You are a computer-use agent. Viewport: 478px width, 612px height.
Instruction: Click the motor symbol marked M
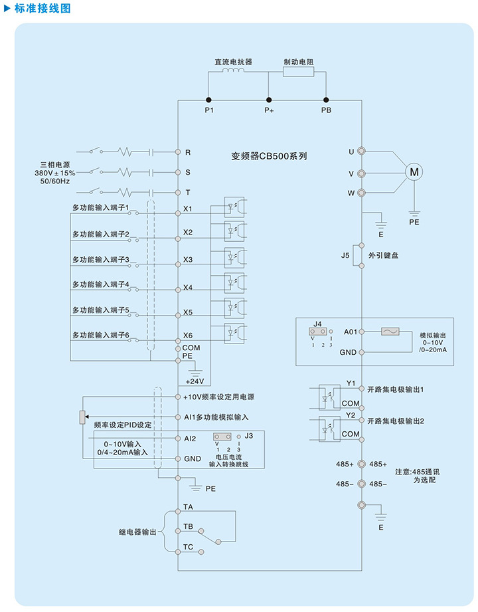tap(415, 172)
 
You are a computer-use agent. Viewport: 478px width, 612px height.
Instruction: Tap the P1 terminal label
tap(208, 110)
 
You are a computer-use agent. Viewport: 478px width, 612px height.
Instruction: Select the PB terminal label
tap(326, 110)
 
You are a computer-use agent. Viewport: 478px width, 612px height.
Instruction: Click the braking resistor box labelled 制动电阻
tap(298, 72)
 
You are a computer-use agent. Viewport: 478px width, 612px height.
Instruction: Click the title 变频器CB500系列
tap(269, 157)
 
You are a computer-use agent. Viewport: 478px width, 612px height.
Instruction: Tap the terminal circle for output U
tap(362, 152)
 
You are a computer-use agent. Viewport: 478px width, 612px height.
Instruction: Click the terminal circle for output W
tap(362, 193)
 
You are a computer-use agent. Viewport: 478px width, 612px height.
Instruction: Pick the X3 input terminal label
tap(188, 260)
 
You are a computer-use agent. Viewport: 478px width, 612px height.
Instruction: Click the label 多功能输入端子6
tap(100, 335)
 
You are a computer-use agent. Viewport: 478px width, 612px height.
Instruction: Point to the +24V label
tap(195, 381)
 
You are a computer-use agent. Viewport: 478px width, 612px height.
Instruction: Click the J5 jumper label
tap(345, 255)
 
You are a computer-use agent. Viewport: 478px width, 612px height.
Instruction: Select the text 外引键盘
tap(384, 255)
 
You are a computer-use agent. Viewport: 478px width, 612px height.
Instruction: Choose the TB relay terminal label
tap(188, 527)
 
